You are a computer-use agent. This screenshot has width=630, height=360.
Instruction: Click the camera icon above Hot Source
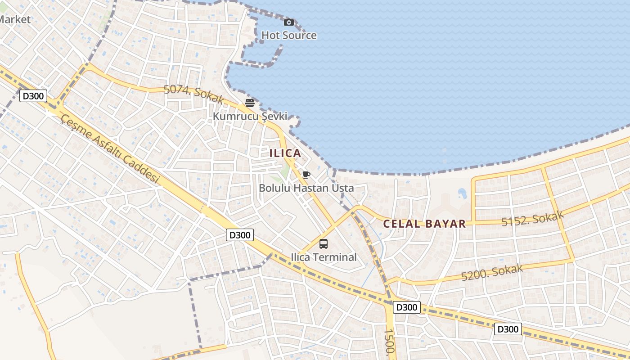(289, 22)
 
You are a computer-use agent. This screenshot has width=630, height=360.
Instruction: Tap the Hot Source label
(289, 35)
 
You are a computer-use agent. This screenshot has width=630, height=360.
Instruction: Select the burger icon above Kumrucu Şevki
(250, 103)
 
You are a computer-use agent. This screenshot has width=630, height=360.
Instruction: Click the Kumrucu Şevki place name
(250, 116)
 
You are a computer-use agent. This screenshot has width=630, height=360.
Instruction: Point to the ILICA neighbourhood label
(285, 153)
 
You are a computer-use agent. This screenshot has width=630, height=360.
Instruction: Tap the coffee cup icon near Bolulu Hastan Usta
(306, 175)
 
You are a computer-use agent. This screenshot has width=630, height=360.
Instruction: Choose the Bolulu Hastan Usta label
(306, 188)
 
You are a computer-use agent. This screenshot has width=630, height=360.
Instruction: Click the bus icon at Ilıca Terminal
(324, 244)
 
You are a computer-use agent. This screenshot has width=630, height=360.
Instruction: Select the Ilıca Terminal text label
(324, 257)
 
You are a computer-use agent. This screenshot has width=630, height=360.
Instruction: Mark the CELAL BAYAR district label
(424, 224)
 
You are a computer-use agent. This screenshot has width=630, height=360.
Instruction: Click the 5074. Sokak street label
(193, 93)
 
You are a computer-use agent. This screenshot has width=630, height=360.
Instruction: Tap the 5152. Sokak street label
(532, 219)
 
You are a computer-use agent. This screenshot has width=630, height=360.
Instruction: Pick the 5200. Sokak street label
(492, 272)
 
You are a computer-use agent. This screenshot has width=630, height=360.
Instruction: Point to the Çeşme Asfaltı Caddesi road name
(110, 148)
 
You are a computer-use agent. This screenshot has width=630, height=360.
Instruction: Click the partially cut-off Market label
(15, 19)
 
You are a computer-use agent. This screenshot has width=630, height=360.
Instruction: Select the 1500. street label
(389, 342)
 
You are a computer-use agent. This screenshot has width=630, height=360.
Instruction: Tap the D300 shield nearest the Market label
(33, 96)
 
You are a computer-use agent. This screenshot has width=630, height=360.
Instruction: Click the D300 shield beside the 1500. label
(407, 307)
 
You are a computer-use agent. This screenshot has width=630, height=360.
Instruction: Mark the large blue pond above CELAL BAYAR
(462, 193)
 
